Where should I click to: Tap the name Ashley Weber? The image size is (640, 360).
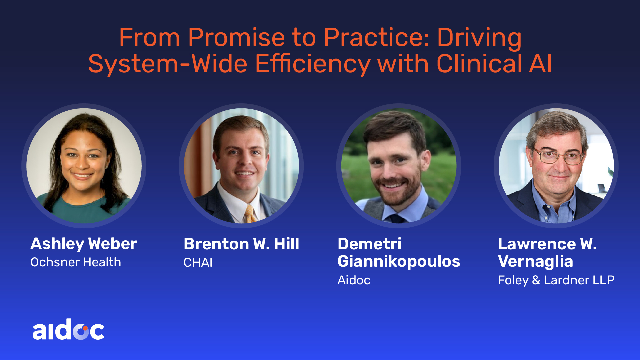(x=84, y=244)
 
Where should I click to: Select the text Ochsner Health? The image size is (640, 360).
(x=76, y=262)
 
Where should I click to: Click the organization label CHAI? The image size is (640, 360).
(x=198, y=263)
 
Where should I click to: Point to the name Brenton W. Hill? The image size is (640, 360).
(x=241, y=244)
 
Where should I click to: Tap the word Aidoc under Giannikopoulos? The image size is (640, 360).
(x=354, y=280)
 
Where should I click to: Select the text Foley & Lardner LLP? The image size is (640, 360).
(x=556, y=280)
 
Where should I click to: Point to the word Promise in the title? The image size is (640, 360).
(x=236, y=37)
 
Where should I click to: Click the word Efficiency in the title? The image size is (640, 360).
(x=313, y=64)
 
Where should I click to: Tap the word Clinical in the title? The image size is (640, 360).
(x=479, y=63)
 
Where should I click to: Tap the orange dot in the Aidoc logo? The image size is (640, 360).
(x=85, y=328)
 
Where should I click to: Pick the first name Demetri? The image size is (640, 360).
(x=370, y=244)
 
